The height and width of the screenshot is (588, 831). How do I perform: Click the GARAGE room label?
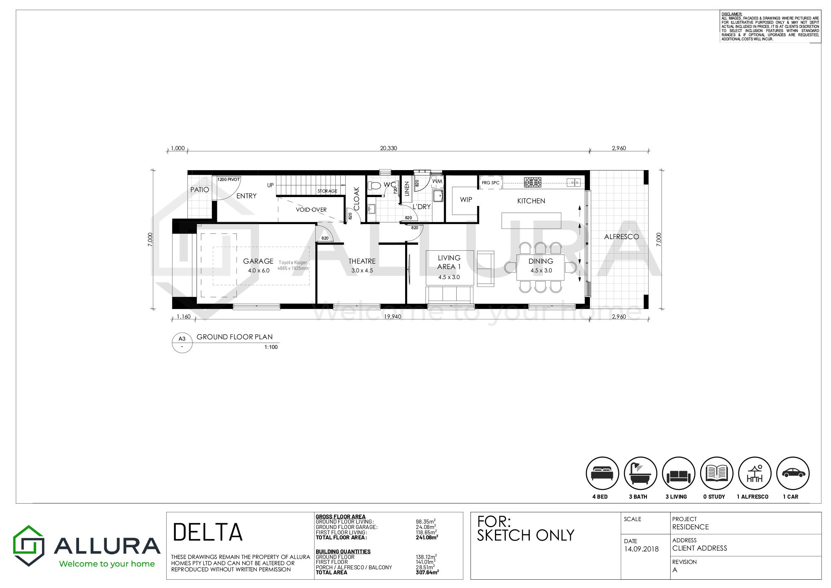[x=258, y=261]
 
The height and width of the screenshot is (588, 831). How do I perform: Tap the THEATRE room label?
[x=362, y=261]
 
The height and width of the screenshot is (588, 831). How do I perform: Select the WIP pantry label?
[x=466, y=200]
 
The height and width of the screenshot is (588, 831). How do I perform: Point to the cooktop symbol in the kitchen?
[x=532, y=182]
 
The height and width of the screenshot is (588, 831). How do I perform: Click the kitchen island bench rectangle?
[x=531, y=220]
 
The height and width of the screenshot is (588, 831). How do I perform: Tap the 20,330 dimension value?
[x=388, y=148]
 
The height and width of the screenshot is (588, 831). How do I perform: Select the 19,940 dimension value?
[x=393, y=316]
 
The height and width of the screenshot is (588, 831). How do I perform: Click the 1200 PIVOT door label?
[x=229, y=180]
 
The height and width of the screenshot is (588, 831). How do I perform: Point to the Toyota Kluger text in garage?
[x=293, y=262]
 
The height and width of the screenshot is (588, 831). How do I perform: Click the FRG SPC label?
[x=491, y=183]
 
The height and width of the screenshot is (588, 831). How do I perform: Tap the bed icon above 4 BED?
[x=602, y=473]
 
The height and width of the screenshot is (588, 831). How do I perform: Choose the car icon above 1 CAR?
[x=793, y=473]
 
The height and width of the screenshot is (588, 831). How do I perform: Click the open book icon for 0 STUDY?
[x=717, y=473]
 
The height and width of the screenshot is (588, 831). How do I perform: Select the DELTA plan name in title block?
[x=208, y=532]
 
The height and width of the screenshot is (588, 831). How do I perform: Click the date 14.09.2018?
[x=641, y=549]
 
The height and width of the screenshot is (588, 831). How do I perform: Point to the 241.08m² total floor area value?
[x=427, y=537]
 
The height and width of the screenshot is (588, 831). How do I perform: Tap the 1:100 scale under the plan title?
[x=271, y=347]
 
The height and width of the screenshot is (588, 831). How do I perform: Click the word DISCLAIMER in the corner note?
[x=732, y=14]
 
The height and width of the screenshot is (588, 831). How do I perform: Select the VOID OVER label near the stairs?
[x=311, y=210]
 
